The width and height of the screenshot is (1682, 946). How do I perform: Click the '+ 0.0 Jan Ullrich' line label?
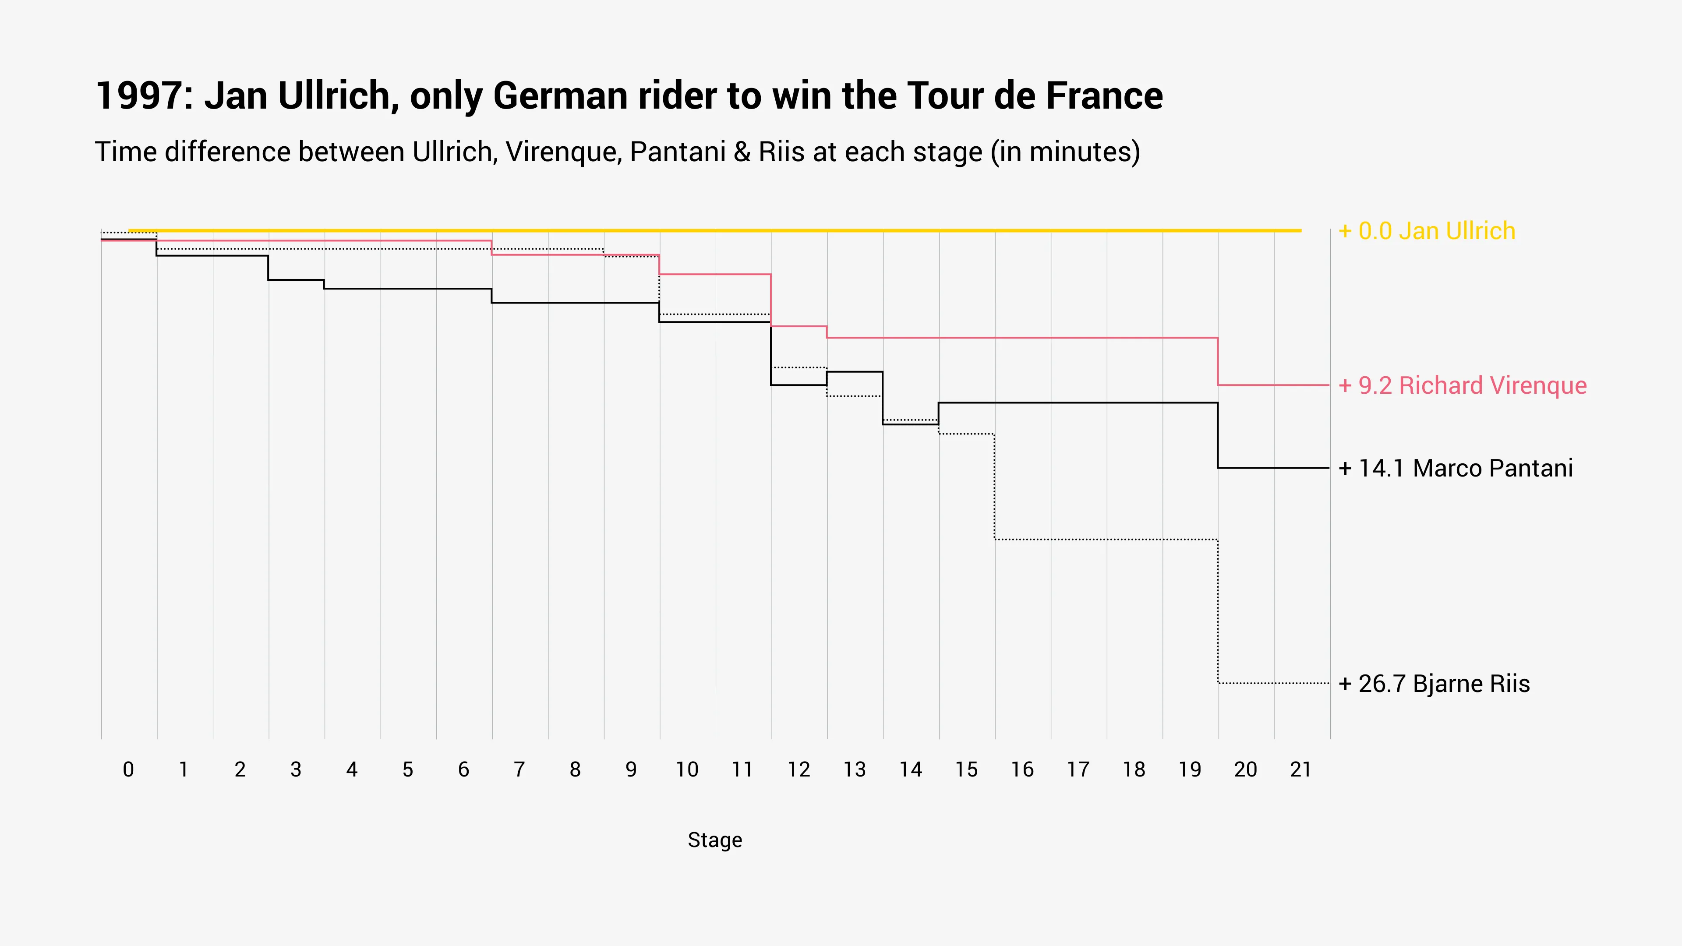(x=1426, y=231)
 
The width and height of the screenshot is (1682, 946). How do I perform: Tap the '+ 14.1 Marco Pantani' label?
(x=1456, y=469)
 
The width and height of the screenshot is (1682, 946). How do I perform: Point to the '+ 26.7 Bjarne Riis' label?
(x=1434, y=684)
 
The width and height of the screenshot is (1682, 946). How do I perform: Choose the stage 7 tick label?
(x=519, y=770)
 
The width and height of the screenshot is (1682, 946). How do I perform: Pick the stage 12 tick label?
(x=799, y=770)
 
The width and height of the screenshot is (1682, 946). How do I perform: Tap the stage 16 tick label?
(x=1022, y=770)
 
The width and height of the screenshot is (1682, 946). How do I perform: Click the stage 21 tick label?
(x=1300, y=770)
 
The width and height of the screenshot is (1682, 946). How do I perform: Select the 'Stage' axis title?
(x=714, y=840)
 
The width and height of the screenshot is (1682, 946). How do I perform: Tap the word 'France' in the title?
(x=1104, y=96)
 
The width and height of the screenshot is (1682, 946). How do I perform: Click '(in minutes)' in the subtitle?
(x=1065, y=152)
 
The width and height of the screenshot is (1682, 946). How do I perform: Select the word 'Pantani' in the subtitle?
(x=677, y=152)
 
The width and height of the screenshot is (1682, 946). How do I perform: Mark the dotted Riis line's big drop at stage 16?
(x=994, y=487)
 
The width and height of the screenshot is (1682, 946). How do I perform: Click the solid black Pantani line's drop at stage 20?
(x=1218, y=435)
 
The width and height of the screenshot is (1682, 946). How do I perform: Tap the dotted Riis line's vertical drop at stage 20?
(x=1218, y=611)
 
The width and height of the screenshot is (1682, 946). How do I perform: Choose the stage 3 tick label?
(x=296, y=770)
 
